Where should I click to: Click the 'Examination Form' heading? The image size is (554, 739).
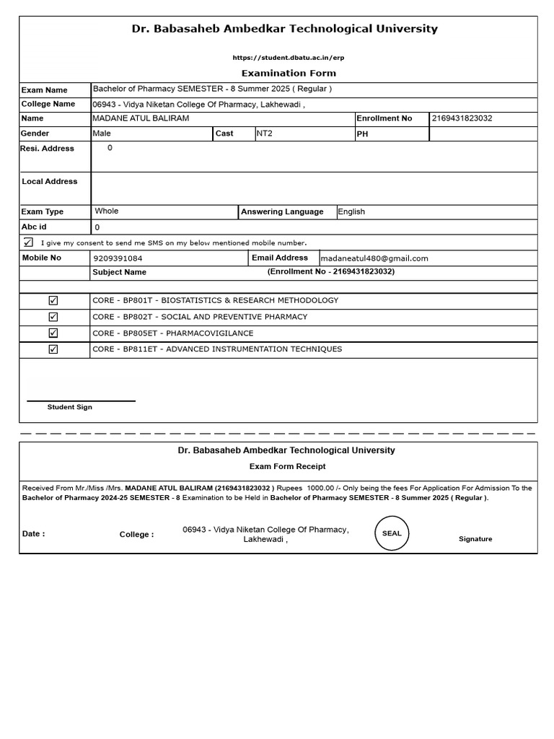(x=288, y=73)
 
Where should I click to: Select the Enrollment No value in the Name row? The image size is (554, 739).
(x=462, y=118)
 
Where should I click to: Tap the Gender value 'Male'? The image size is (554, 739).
(x=102, y=134)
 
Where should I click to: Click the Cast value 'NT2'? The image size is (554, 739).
(x=265, y=134)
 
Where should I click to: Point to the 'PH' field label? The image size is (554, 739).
(x=362, y=134)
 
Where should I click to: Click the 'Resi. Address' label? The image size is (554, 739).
(x=48, y=149)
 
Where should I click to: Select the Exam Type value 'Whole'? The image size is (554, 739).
(x=107, y=211)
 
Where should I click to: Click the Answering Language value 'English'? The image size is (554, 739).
(x=351, y=212)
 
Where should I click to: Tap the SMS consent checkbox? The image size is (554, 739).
(x=28, y=242)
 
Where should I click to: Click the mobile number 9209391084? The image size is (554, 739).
(x=118, y=258)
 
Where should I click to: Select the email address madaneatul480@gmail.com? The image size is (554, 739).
(x=374, y=258)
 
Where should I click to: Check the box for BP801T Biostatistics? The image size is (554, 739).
(x=53, y=300)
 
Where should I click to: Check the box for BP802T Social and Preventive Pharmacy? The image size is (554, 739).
(x=53, y=317)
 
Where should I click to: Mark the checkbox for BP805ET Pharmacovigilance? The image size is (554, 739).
(x=53, y=333)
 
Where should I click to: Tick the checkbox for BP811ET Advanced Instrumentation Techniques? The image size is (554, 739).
(x=53, y=349)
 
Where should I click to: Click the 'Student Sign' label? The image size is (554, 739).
(x=70, y=407)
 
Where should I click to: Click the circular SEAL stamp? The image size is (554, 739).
(x=392, y=533)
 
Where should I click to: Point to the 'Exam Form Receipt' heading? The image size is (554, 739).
(x=287, y=466)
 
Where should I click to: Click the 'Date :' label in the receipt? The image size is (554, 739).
(x=34, y=534)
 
